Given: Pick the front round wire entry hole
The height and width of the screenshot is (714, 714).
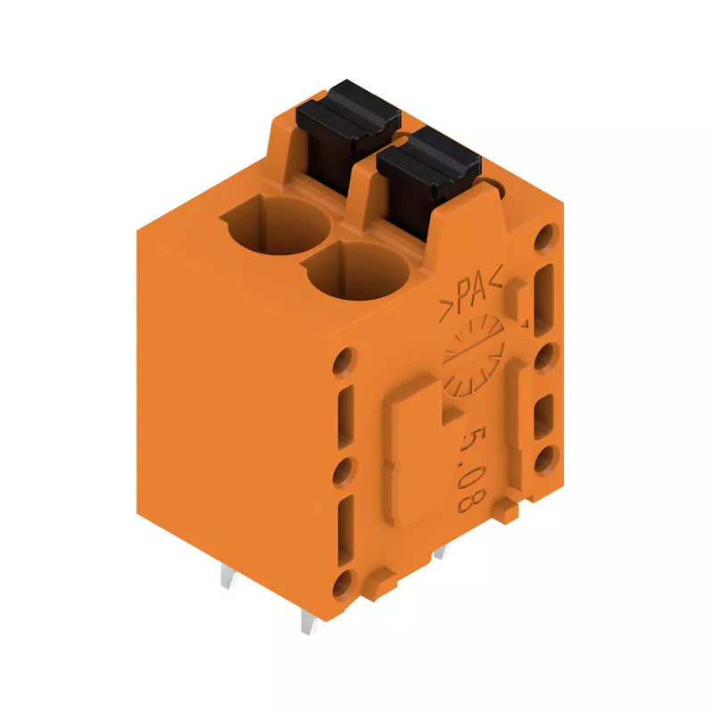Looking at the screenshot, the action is pos(359,271).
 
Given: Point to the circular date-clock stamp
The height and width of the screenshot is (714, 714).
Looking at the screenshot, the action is pos(474,356).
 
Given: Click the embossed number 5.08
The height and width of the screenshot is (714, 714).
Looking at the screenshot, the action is pos(472,469).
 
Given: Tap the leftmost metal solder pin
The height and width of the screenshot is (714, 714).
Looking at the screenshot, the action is pos(228,575).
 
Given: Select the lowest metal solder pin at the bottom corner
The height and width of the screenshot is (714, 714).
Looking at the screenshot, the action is pos(309,621).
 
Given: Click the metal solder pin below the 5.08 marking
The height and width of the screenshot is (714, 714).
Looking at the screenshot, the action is pos(439,552).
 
